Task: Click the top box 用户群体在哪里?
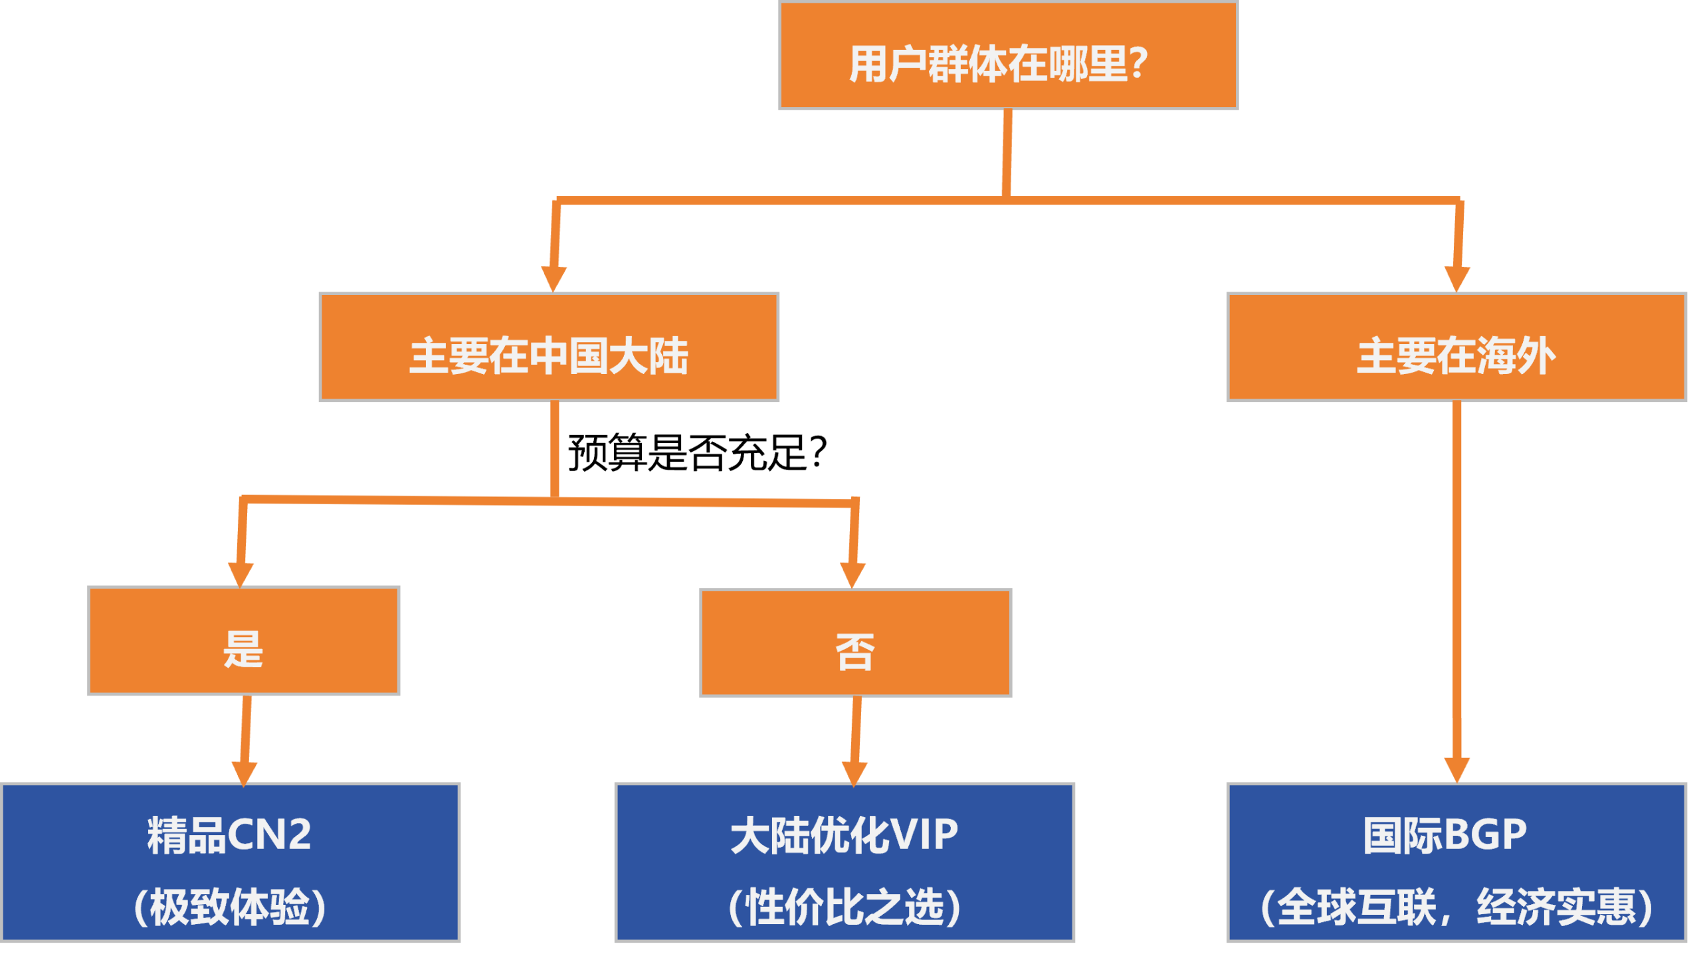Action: (x=1008, y=56)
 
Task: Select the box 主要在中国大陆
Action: (x=549, y=347)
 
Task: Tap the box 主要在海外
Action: (x=1456, y=347)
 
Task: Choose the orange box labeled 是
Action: (x=244, y=640)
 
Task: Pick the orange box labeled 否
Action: (x=856, y=642)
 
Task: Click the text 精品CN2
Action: (x=229, y=835)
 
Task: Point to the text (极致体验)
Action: (x=229, y=907)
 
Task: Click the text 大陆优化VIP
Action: (x=844, y=835)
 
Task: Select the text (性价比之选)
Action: (x=844, y=907)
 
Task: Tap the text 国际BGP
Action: (x=1445, y=835)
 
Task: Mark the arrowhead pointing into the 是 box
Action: (x=241, y=573)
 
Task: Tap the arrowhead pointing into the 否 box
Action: (x=852, y=574)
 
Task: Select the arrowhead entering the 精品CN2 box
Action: (x=244, y=773)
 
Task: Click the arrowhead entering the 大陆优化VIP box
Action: (x=854, y=773)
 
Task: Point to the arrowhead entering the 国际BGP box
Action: (x=1457, y=769)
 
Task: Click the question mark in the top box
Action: (x=1138, y=64)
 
